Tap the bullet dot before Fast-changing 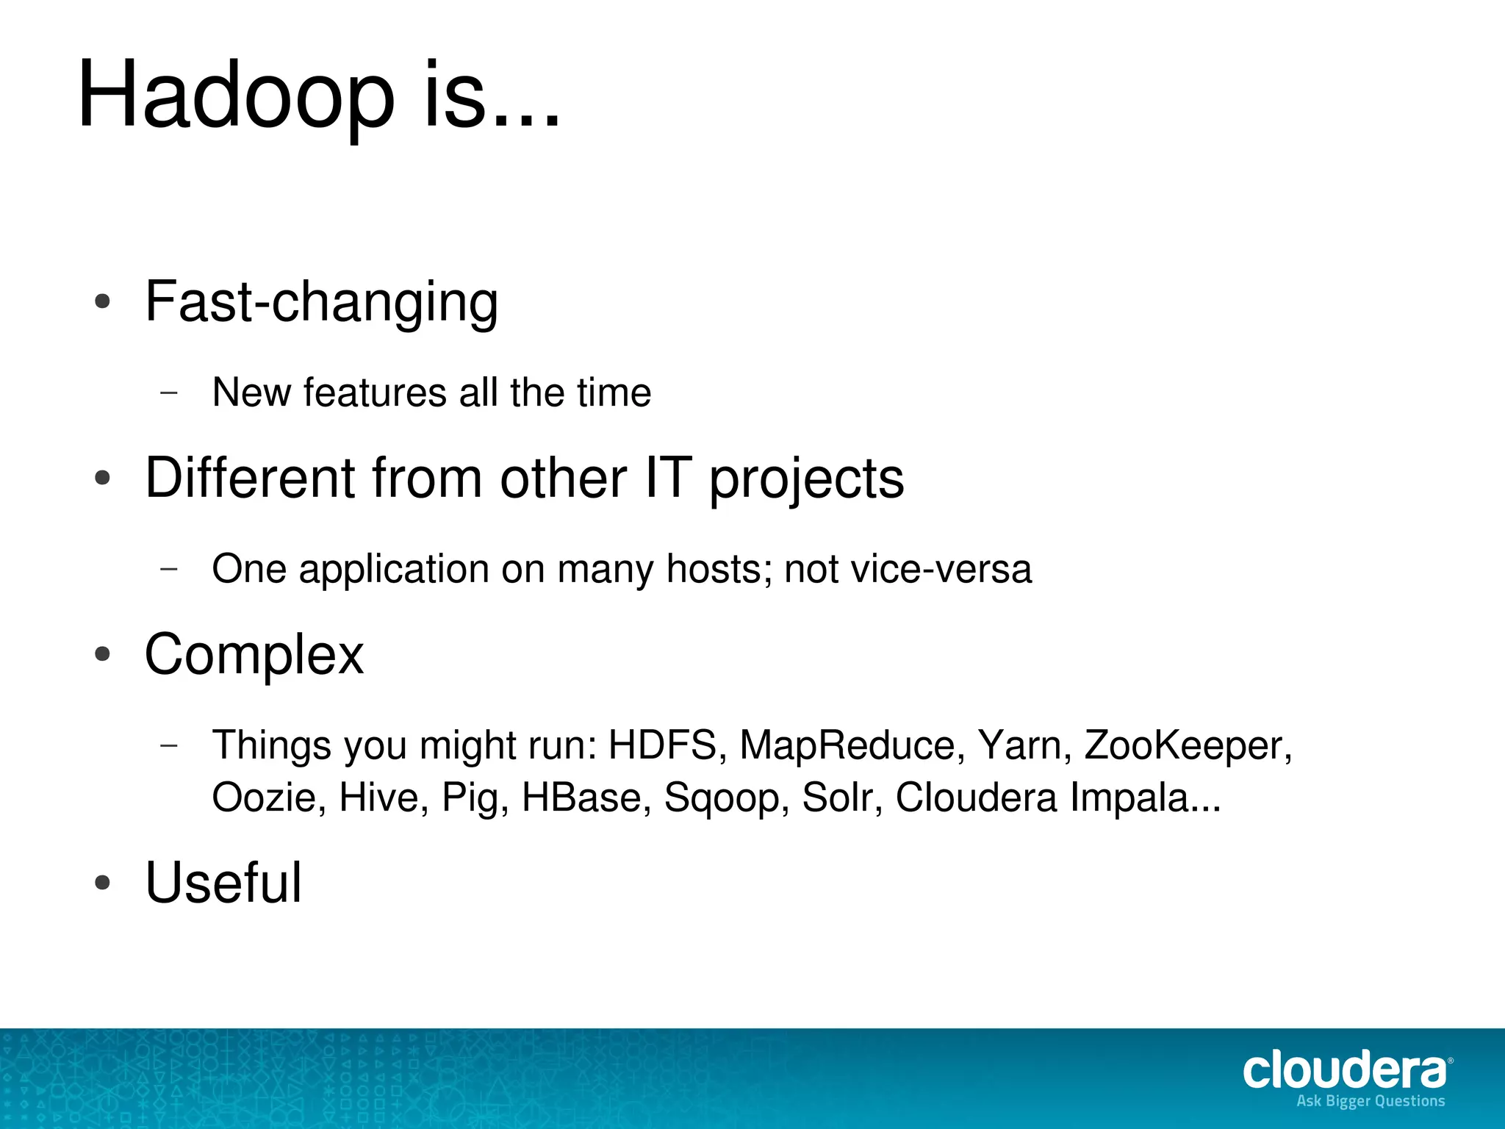tap(103, 301)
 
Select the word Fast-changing tap(321, 301)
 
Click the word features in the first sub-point tap(375, 393)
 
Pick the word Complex tap(254, 654)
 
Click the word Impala tap(1145, 798)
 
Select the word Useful tap(223, 882)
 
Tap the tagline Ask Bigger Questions tap(1371, 1101)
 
